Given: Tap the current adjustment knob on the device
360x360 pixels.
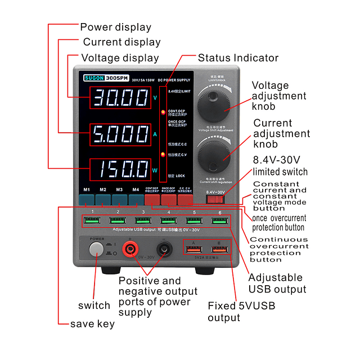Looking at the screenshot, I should tap(217, 153).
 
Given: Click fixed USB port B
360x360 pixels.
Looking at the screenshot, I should tap(219, 249).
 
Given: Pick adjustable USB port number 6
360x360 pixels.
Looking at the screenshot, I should tap(220, 220).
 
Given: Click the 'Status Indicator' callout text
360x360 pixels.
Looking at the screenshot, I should tap(238, 58).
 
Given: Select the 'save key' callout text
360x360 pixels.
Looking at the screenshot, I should tap(92, 324).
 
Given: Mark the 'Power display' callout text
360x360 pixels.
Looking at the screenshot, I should tap(116, 27).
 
